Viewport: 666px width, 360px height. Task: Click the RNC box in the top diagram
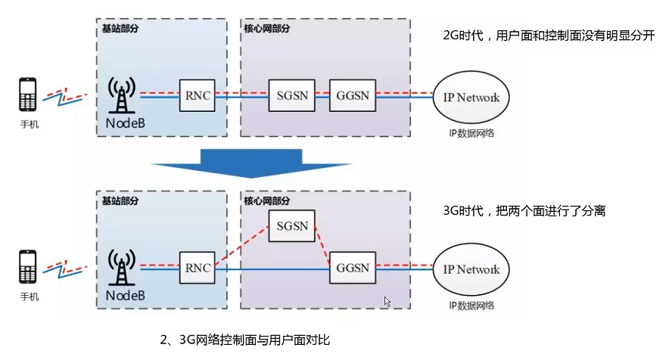click(x=196, y=96)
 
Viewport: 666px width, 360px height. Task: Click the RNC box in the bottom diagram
click(x=196, y=268)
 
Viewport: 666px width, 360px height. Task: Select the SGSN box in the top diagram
click(x=291, y=96)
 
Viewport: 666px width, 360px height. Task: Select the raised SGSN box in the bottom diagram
click(x=291, y=225)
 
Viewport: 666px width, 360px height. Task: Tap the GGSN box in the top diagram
click(x=352, y=96)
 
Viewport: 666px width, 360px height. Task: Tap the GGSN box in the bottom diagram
click(x=352, y=268)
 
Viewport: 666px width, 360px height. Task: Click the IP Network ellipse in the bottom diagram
click(x=471, y=269)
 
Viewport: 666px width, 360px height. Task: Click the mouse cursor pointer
click(x=387, y=301)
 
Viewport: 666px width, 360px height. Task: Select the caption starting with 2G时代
click(x=548, y=36)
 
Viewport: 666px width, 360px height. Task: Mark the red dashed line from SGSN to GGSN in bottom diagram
click(x=322, y=248)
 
